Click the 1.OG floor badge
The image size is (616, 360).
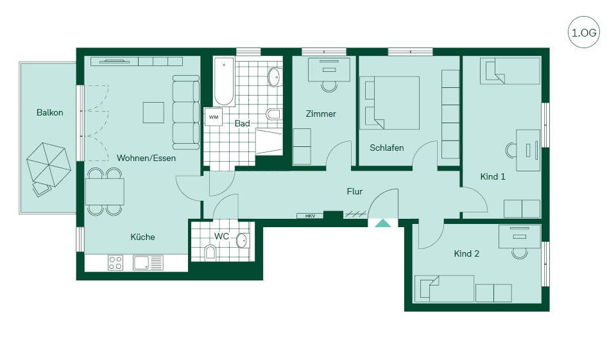[x=584, y=32]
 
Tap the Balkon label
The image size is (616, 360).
[x=50, y=113]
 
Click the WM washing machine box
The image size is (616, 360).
[x=213, y=117]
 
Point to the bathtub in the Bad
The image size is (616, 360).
[x=224, y=82]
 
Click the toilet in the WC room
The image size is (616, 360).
[x=210, y=252]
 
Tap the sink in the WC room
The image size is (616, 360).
[x=242, y=240]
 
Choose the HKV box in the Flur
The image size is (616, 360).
[x=310, y=216]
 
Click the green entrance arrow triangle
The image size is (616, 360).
[x=383, y=223]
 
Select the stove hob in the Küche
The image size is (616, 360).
[x=116, y=262]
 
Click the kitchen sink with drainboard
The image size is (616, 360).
[x=148, y=262]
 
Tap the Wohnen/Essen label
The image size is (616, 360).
[x=146, y=158]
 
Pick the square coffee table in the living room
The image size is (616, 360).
[x=153, y=112]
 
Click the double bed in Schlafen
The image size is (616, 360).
[x=393, y=103]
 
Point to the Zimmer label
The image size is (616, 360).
[x=321, y=114]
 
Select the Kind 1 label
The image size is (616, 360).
[x=493, y=177]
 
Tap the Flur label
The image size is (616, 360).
[x=354, y=192]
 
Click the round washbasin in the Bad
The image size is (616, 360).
[x=275, y=77]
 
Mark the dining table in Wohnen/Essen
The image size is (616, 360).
[x=105, y=192]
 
